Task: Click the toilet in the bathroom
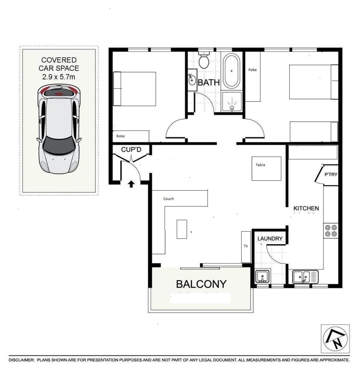(204, 60)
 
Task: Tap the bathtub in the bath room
(231, 71)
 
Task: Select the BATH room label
(209, 82)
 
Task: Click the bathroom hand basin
(192, 80)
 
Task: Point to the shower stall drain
(232, 107)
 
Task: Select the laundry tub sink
(262, 276)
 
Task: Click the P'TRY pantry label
(331, 174)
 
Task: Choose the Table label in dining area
(260, 165)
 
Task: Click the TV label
(246, 246)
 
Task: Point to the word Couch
(168, 199)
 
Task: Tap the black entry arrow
(131, 184)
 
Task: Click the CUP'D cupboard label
(131, 149)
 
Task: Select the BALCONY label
(201, 284)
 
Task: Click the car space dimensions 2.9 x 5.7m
(59, 77)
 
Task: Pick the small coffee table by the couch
(182, 229)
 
